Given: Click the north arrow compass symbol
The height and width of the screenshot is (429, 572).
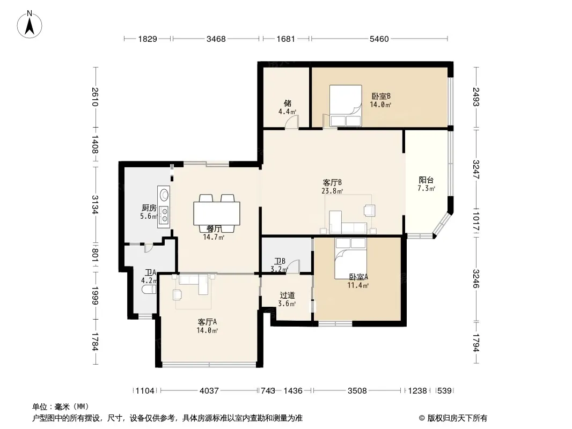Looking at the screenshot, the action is pos(30,25).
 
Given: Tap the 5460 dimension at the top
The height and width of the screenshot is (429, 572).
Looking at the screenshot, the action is pos(379,39).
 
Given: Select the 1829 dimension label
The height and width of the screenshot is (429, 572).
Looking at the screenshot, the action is pos(148,39).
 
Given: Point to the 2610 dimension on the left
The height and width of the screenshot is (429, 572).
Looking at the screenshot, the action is pos(95,97).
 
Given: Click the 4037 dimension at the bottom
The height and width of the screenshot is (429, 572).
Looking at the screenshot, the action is pos(209,391).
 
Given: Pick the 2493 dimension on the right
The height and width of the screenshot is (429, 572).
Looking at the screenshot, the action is pos(476,97).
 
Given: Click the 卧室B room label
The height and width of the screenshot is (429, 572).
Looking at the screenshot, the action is pos(381,96).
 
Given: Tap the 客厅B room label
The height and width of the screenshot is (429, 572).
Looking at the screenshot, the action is pos(332,182).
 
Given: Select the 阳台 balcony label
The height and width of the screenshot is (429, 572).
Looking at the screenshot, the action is pos(426,180).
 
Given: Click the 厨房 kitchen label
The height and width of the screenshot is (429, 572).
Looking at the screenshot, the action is pos(149,208).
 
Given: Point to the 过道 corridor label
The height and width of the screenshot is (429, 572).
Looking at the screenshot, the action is pos(287,295).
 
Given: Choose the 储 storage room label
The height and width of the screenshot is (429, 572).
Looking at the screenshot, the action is pos(288,103).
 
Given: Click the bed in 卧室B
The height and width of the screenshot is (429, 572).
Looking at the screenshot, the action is pos(346,106).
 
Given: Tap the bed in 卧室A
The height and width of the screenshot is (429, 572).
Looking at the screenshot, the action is pos(350,258).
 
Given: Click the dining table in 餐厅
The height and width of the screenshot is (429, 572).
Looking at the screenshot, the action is pos(217,213).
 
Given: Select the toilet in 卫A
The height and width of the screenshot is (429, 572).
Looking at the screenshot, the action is pos(149,290).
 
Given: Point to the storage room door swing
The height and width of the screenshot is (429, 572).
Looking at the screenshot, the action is pos(292,122).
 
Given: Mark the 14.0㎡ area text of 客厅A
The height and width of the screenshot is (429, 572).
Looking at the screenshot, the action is pos(207,330).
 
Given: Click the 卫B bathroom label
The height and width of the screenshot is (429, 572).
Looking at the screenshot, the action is pos(280,261).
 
